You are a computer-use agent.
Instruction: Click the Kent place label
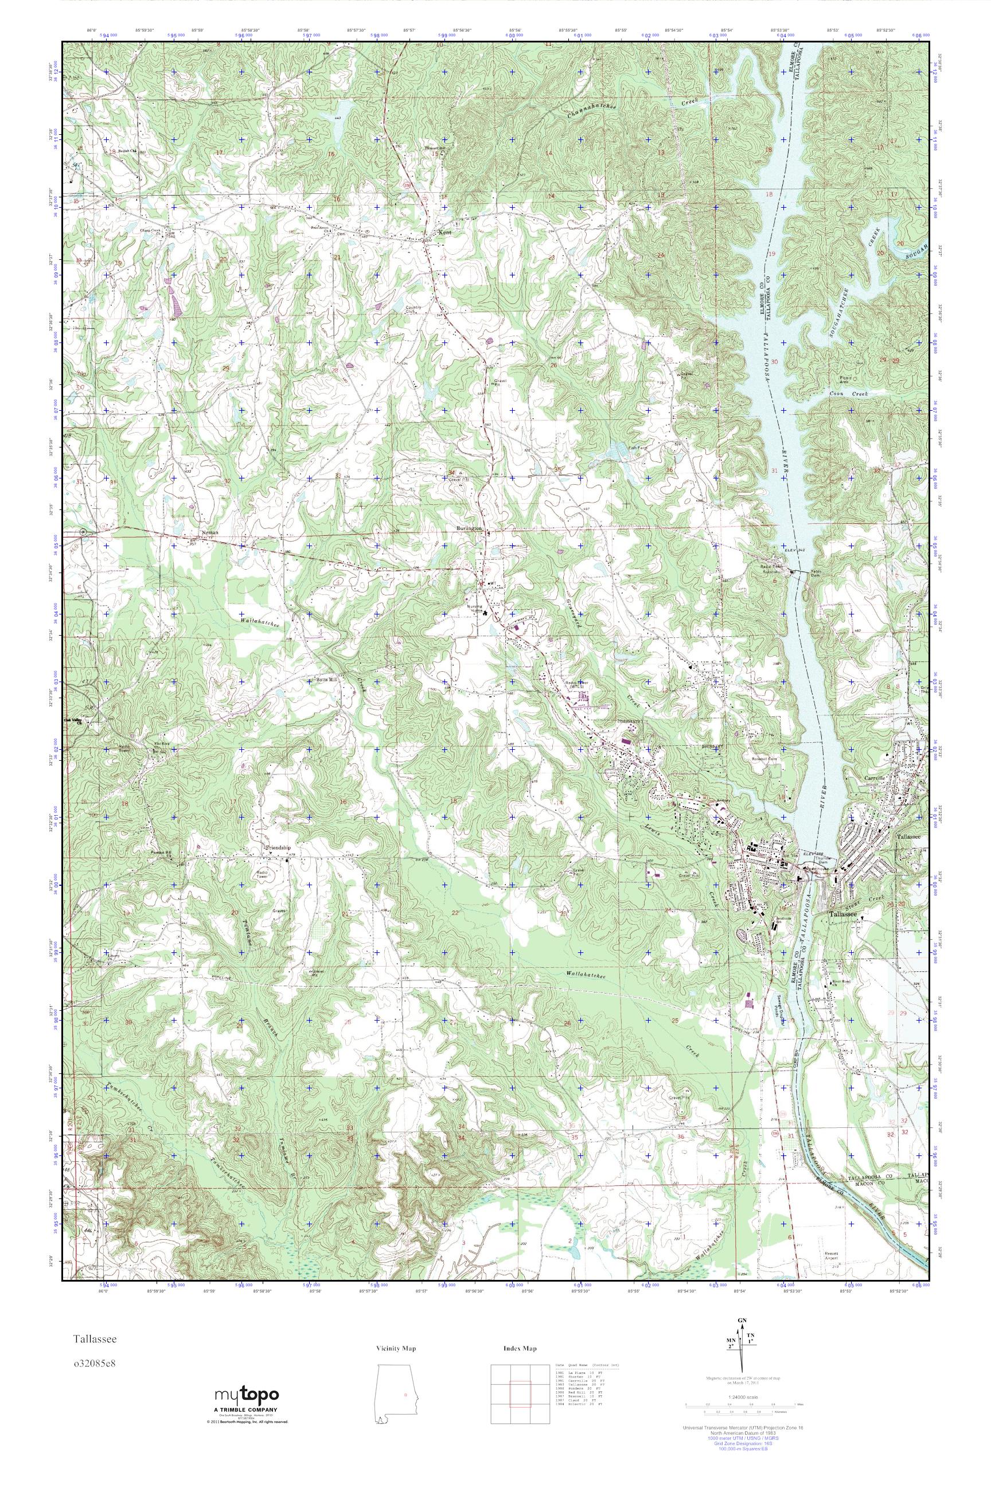tap(446, 233)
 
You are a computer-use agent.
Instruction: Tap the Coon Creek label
tap(849, 393)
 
